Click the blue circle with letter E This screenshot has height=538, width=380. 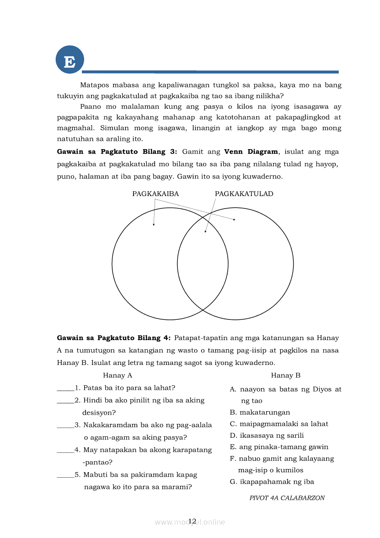click(69, 60)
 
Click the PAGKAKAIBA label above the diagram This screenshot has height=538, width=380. click(155, 194)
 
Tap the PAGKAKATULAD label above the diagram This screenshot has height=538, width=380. click(244, 194)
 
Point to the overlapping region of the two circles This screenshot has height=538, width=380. click(203, 264)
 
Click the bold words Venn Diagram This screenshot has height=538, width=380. click(251, 151)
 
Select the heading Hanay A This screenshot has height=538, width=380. click(117, 376)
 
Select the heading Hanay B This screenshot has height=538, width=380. click(285, 376)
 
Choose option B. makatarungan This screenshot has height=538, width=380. click(260, 412)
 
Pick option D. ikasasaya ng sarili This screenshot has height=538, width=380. click(267, 435)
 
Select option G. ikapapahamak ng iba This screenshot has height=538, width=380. click(271, 482)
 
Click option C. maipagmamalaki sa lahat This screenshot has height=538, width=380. click(279, 424)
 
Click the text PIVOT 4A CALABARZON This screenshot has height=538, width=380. click(287, 498)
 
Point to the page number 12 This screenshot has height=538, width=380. click(192, 521)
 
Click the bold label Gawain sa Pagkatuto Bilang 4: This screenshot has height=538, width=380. click(114, 338)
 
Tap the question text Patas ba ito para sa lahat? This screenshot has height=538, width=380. click(129, 388)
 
